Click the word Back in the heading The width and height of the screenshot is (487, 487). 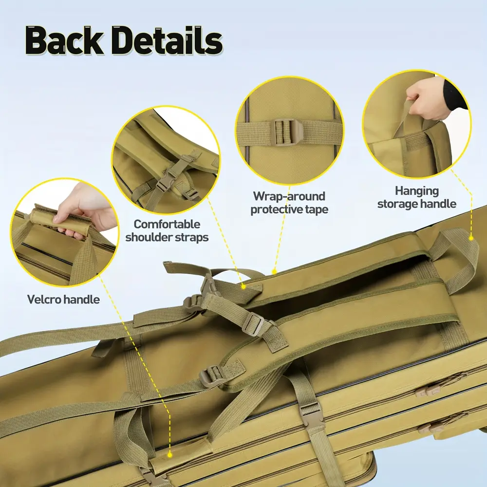tap(64, 41)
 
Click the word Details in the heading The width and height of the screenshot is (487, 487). tap(169, 41)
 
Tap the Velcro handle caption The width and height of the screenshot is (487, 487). tap(63, 300)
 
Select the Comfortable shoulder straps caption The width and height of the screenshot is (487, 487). tap(167, 231)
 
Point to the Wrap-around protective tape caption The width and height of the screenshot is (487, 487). tap(289, 203)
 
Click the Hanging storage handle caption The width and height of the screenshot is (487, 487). tap(417, 198)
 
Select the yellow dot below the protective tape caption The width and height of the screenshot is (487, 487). tap(274, 272)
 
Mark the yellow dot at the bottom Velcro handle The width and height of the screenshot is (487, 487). tap(169, 455)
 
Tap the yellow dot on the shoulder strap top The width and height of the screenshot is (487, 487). tap(243, 286)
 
